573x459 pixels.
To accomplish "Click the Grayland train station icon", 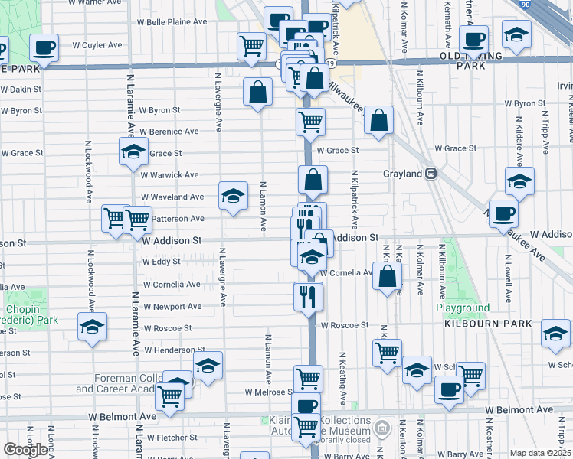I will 431,174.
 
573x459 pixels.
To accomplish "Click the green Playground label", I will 463,308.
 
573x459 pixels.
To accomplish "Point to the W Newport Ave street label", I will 172,307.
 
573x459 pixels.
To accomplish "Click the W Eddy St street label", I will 161,262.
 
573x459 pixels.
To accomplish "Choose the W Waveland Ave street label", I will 172,197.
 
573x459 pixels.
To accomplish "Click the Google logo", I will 26,450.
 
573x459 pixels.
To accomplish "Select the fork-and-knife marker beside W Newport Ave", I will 309,295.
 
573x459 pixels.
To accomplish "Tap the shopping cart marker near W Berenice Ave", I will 310,120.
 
